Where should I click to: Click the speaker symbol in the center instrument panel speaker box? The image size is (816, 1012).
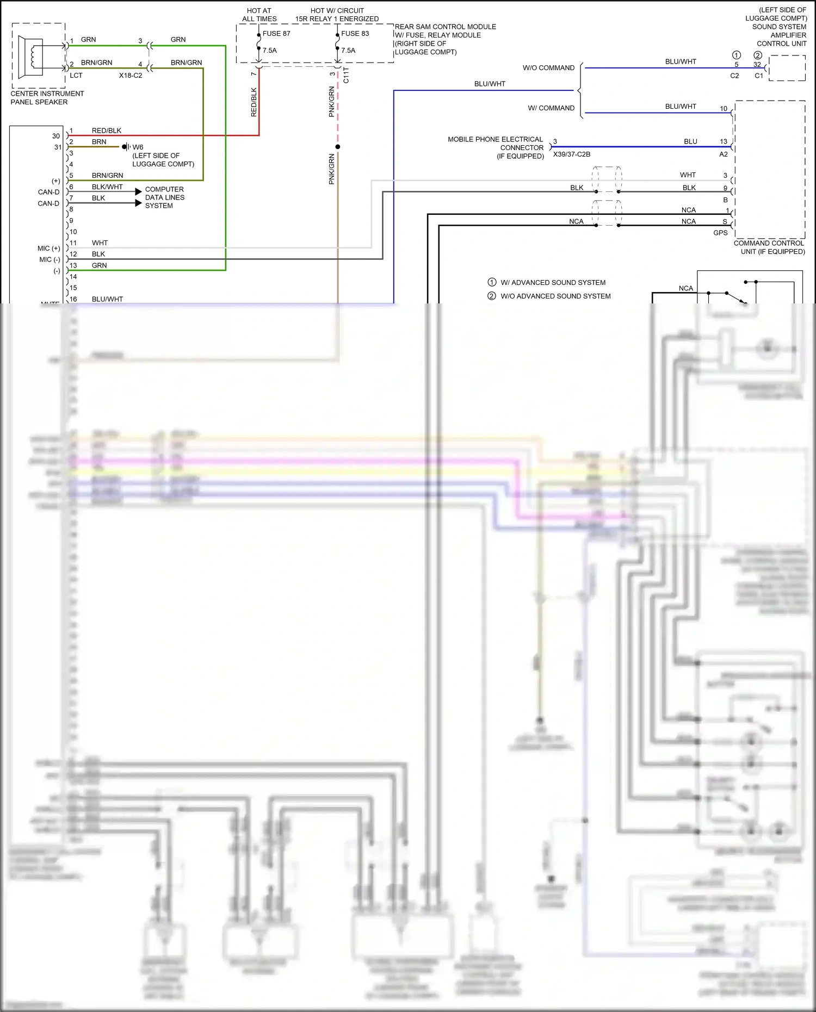pos(32,55)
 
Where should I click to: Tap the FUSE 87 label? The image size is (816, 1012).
pos(276,34)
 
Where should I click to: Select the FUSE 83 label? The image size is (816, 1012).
pos(355,34)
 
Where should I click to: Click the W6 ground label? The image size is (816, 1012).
pos(138,147)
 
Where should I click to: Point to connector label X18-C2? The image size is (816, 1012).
pos(131,76)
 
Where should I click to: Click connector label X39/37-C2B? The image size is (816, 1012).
pos(571,154)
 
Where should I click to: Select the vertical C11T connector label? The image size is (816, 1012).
pos(346,75)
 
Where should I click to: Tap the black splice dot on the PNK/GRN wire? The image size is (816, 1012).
pos(338,147)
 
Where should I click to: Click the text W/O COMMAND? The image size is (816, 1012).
pos(548,68)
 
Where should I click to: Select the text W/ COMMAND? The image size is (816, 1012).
pos(551,108)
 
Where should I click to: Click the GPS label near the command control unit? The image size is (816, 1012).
pos(720,233)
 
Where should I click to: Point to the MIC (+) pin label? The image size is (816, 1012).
pos(49,249)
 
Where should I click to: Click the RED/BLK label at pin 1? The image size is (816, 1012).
pos(107,131)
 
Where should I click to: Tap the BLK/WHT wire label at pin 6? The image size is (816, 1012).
pos(107,187)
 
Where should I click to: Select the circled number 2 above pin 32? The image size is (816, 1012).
pos(757,55)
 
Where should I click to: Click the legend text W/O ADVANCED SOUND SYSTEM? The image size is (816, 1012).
pos(555,296)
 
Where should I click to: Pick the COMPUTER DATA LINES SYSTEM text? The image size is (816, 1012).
pos(164,197)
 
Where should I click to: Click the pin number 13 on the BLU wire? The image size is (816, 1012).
pos(723,141)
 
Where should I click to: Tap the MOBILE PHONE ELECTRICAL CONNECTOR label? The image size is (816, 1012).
pos(495,147)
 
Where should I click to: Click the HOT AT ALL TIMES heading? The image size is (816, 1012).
pos(259,15)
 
